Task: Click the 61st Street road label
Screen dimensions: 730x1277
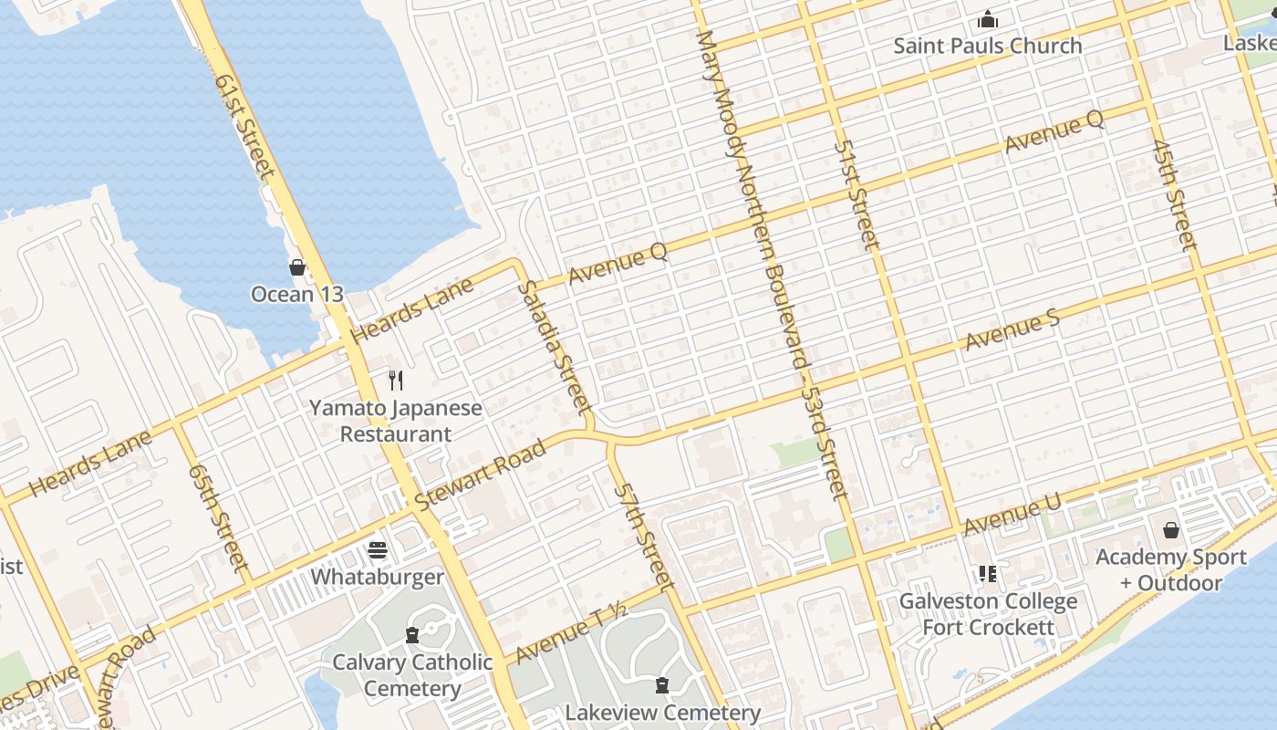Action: coord(244,125)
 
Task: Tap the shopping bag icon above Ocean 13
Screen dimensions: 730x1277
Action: coord(297,267)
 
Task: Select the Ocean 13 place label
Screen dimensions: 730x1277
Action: coord(297,294)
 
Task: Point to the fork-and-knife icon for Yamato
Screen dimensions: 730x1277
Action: coord(396,381)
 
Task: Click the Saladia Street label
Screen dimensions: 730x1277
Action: coord(555,346)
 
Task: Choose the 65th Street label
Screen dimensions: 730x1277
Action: coord(219,516)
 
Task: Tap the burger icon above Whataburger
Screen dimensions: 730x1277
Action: coord(378,550)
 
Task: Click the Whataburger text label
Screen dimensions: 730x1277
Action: coord(378,577)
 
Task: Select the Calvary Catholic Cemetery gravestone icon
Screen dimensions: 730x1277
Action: coord(412,635)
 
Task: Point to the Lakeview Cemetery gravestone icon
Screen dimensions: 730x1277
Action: coord(663,685)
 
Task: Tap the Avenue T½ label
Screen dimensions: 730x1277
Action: coord(571,634)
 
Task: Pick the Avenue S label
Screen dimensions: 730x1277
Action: coord(1012,332)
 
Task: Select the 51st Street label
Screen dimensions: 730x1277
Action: coord(857,194)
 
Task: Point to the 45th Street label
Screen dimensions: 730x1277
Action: coord(1173,194)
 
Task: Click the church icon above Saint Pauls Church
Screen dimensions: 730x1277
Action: coord(988,19)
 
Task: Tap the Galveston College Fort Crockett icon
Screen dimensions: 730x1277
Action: coord(988,574)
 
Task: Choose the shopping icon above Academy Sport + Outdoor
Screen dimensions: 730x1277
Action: coord(1171,530)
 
